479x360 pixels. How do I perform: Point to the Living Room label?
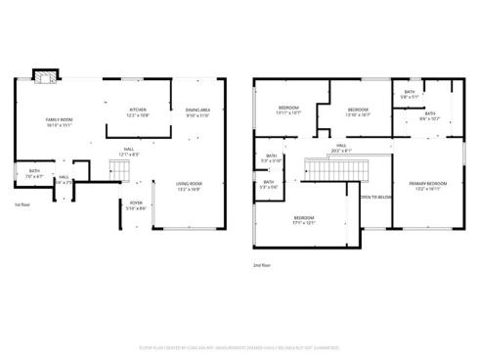coord(189,186)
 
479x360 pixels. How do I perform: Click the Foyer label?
coord(137,204)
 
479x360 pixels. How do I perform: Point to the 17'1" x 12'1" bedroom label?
coord(304,219)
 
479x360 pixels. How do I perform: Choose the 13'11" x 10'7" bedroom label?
coord(289,111)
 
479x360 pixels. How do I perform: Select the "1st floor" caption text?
coord(23,204)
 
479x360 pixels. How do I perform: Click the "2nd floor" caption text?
coord(261,263)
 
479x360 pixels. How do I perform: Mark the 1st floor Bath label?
coord(34,174)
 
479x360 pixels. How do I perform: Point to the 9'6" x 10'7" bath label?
coord(430,116)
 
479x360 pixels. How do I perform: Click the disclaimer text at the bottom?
coord(239,346)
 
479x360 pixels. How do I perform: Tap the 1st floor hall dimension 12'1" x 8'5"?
coord(128,154)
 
